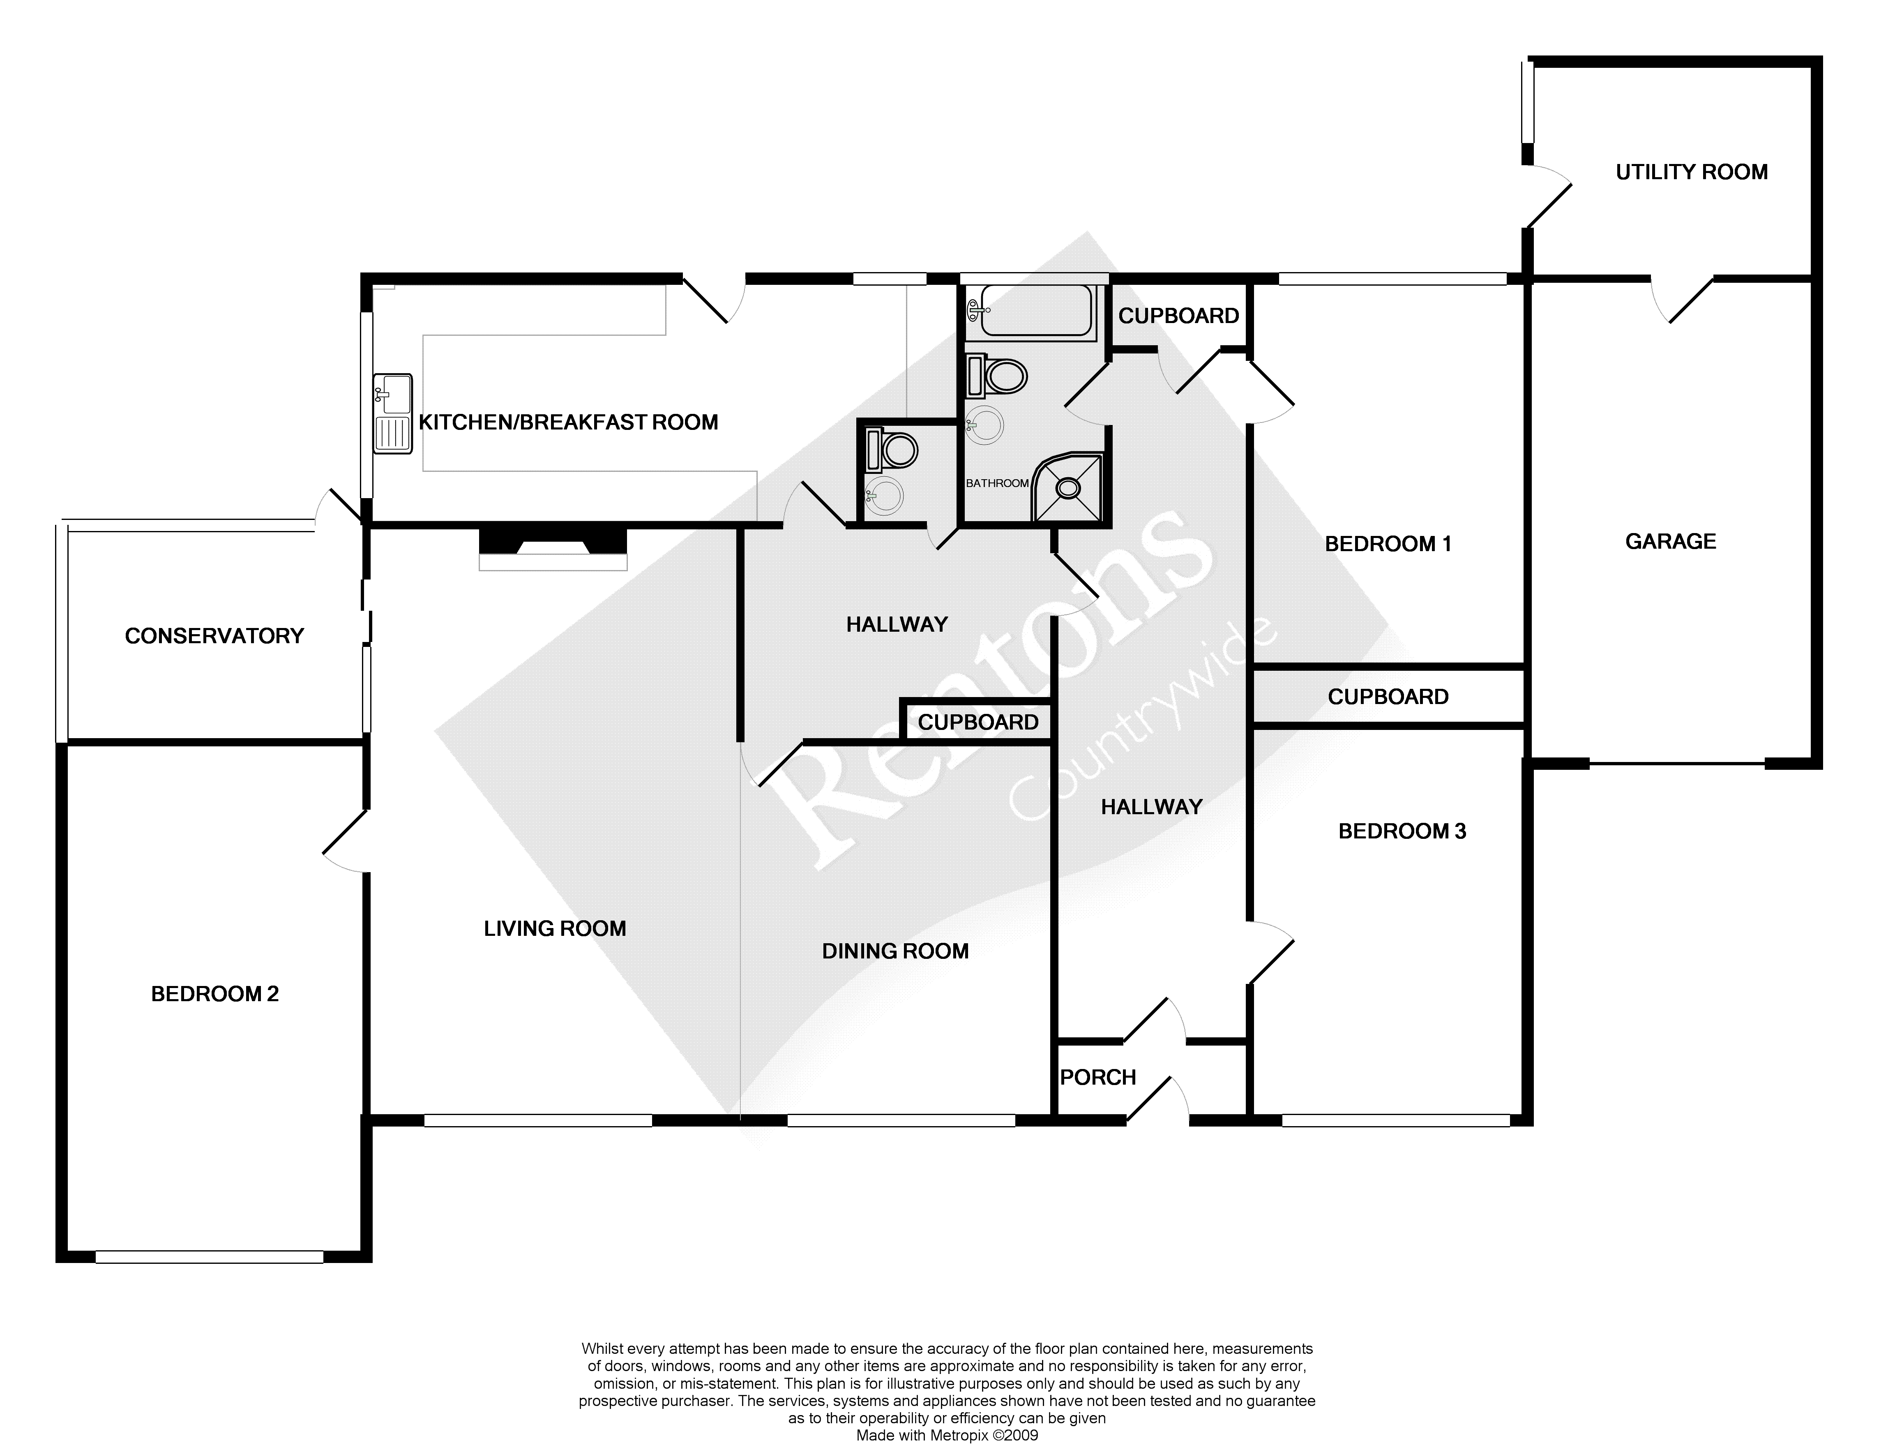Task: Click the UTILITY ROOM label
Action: tap(1691, 172)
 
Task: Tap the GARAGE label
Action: tap(1671, 541)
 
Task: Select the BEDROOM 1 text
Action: tap(1388, 544)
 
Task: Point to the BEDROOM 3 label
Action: tap(1402, 831)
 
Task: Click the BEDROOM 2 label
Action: tap(215, 993)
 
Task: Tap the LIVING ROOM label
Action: tap(555, 929)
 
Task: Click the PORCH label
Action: tap(1097, 1077)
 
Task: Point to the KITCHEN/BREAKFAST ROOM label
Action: tap(569, 422)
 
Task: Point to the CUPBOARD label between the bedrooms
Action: tap(1388, 697)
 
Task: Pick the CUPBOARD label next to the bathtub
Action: tap(1179, 316)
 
